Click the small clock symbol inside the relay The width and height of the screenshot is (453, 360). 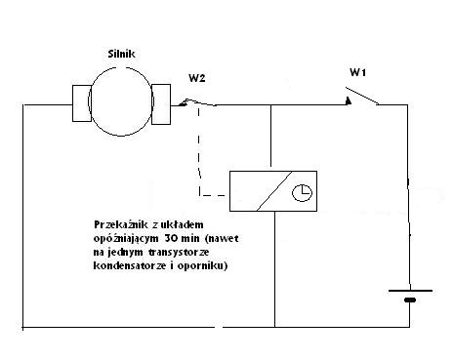(305, 192)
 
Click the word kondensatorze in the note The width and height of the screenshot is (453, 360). (122, 265)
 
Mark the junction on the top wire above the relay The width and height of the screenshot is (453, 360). (273, 104)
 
